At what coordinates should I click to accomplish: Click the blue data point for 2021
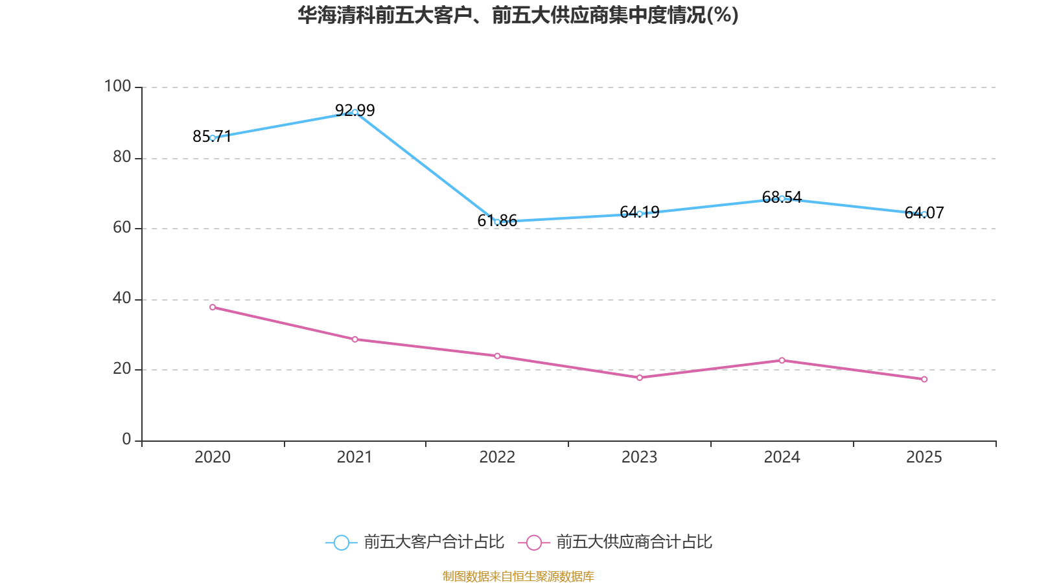click(355, 112)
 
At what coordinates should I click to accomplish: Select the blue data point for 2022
click(497, 222)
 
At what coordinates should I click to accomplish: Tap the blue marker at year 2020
click(213, 137)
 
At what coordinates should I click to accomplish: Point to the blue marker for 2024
click(782, 198)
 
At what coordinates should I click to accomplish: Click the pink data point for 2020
click(213, 307)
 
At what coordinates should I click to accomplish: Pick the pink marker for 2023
click(639, 378)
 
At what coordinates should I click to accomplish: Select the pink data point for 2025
click(924, 379)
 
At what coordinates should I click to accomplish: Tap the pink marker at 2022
click(497, 356)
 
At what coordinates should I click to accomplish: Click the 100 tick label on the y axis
click(117, 86)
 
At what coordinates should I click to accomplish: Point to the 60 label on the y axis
click(121, 227)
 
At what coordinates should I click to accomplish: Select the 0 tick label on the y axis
click(126, 439)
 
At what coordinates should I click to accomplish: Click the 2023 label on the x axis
click(639, 457)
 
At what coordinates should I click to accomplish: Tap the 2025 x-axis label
click(924, 457)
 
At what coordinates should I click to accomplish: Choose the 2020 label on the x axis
click(213, 457)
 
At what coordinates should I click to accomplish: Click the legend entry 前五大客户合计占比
click(434, 542)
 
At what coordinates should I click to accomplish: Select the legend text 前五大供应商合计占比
click(634, 542)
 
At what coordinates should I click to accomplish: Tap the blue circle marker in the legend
click(341, 543)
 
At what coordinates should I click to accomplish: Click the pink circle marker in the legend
click(533, 543)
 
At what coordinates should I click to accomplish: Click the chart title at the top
click(518, 15)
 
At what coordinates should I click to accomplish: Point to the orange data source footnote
click(518, 576)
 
